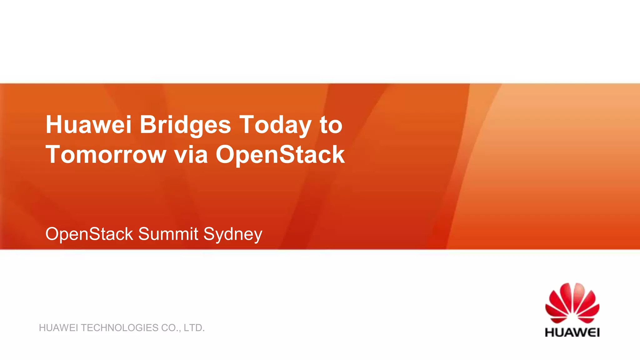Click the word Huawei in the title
pos(88,125)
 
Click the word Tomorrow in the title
pos(106,154)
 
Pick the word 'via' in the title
pos(191,154)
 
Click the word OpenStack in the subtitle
pos(89,234)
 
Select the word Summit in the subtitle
pos(168,234)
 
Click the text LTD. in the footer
pos(194,328)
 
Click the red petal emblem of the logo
pos(572,303)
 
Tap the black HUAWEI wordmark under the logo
pos(572,332)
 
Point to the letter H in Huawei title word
pos(53,125)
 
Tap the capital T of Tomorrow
pos(52,154)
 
